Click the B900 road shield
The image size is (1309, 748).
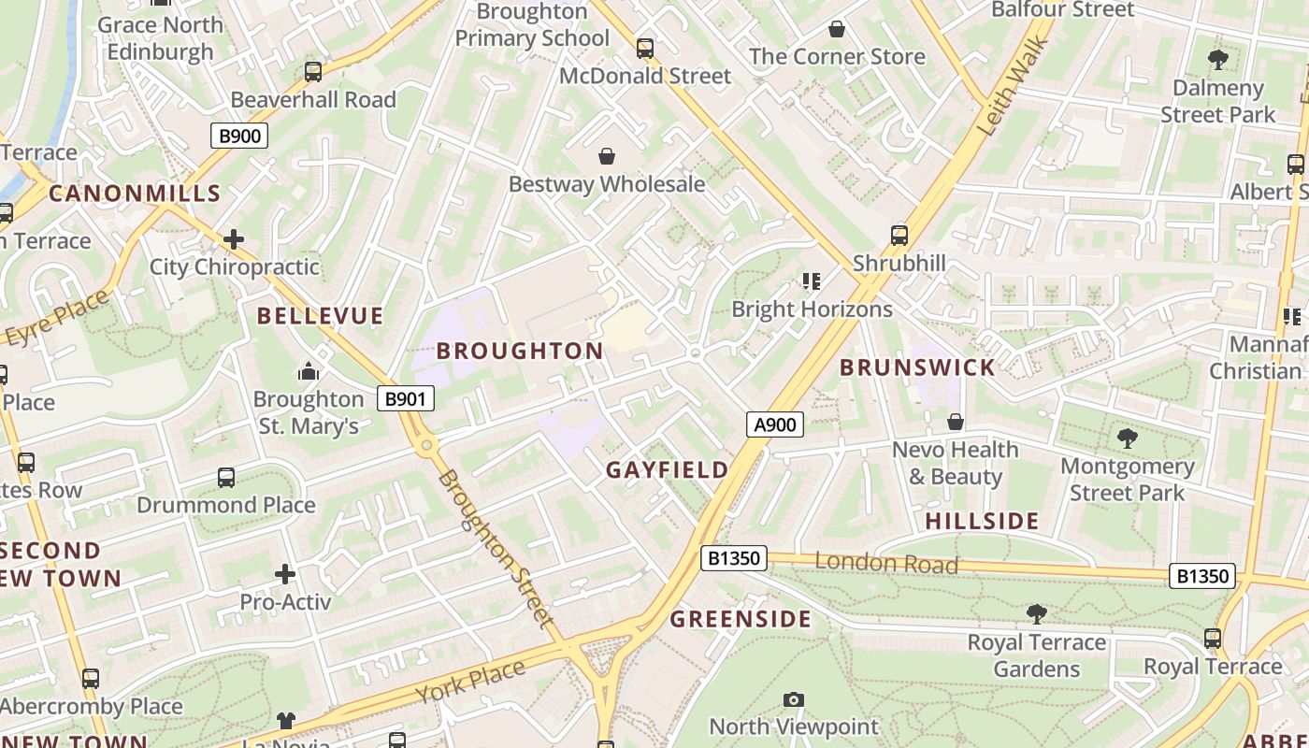pos(239,137)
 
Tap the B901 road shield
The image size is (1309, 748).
pos(406,399)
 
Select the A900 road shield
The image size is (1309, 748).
pos(775,425)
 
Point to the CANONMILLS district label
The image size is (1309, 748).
pos(135,194)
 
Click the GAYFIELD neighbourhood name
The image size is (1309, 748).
pos(667,469)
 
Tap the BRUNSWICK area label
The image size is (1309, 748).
pos(917,367)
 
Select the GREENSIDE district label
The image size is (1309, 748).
pos(741,619)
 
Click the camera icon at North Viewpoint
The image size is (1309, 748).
pos(793,699)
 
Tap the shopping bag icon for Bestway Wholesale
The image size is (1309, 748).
pos(606,156)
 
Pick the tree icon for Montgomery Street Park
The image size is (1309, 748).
pos(1127,438)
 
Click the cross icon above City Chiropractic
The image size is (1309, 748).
pos(234,239)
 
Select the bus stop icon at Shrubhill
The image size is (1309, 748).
pos(899,235)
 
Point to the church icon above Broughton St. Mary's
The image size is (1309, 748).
pos(309,372)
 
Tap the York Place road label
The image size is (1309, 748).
pos(470,682)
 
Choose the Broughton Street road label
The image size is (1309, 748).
pos(494,547)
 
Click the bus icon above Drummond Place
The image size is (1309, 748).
pos(226,478)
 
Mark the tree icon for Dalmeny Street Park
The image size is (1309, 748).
pos(1217,60)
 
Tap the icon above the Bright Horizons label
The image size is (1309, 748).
pos(811,280)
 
